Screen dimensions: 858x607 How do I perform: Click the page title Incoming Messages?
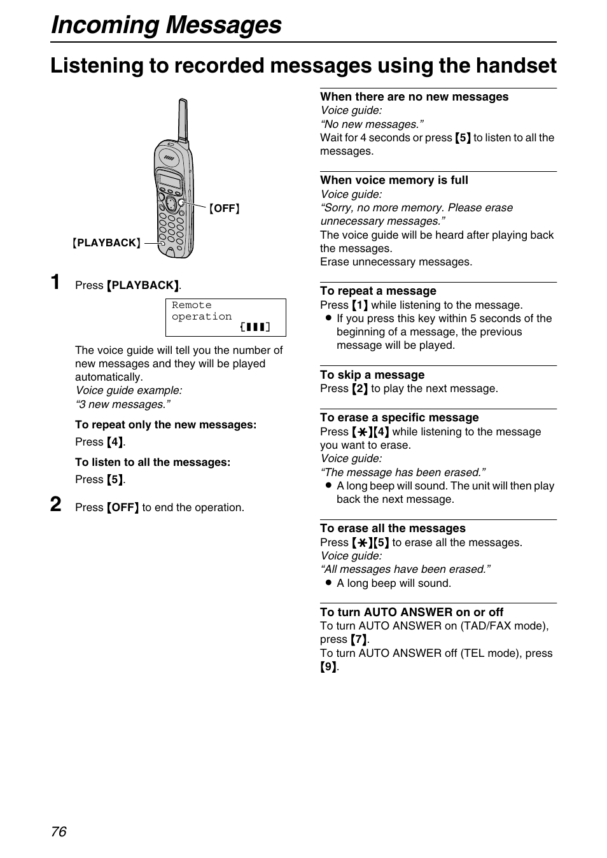pos(166,25)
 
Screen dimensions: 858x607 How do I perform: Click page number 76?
pos(59,831)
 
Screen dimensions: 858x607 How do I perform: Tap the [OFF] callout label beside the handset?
pos(225,209)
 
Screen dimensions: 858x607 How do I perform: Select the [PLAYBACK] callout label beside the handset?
pos(106,243)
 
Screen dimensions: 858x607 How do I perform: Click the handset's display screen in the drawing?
pos(170,179)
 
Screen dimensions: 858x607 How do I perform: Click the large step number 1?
pos(56,282)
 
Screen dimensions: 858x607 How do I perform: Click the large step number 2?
pos(56,505)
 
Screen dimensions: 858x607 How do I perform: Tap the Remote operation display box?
pos(225,317)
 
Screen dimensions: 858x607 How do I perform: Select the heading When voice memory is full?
pos(394,180)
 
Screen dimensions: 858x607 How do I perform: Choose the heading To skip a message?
pos(372,375)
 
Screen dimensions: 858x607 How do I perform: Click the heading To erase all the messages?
pos(393,528)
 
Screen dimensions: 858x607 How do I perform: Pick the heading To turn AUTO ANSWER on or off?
pos(411,612)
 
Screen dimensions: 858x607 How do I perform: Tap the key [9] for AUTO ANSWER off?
pos(328,667)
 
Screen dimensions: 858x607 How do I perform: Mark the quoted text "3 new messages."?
pos(123,404)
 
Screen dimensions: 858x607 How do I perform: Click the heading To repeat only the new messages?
pos(165,425)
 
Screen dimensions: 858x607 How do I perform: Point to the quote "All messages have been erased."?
pos(405,569)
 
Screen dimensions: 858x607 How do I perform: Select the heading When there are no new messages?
pos(414,97)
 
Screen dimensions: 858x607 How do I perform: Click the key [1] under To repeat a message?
pos(360,305)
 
